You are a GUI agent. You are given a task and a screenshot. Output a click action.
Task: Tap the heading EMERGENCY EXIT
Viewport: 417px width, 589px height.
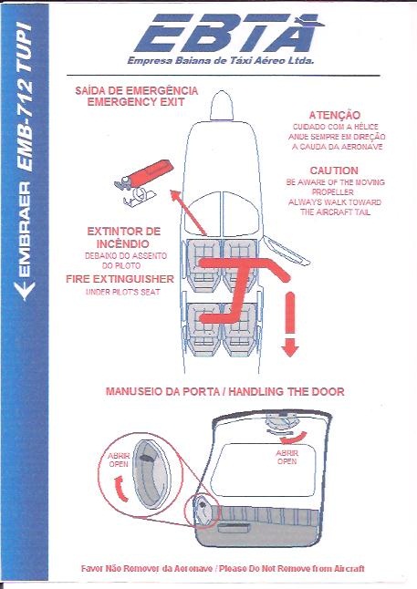pos(136,102)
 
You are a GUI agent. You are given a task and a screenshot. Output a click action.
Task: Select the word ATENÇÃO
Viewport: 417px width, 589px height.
pos(334,115)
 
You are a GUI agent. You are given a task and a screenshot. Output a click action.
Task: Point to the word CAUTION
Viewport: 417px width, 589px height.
pos(334,170)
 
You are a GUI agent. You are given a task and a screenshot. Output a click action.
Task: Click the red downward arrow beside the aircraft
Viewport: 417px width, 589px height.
pos(290,324)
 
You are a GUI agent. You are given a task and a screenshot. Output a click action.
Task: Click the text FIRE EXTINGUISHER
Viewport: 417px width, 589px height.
pos(120,279)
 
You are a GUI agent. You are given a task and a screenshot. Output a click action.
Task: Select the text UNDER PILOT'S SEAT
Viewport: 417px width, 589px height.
pos(123,292)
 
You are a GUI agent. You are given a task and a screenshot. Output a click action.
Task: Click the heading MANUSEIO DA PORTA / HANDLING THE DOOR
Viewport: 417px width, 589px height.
pos(224,391)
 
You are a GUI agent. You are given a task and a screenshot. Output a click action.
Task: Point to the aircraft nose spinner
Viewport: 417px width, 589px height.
pos(222,105)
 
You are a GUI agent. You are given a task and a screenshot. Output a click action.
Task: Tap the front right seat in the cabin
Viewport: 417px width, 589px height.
pos(239,264)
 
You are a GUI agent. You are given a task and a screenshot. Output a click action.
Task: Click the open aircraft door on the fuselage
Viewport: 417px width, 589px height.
pos(287,249)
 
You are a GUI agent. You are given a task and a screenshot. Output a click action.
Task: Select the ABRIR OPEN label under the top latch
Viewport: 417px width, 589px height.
pos(287,457)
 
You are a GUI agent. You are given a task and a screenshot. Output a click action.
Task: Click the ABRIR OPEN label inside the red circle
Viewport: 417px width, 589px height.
pos(119,460)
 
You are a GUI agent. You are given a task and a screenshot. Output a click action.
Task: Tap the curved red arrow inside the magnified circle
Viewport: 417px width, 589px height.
pos(120,489)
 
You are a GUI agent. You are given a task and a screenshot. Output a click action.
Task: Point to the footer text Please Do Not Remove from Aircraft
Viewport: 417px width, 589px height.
pos(291,568)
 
